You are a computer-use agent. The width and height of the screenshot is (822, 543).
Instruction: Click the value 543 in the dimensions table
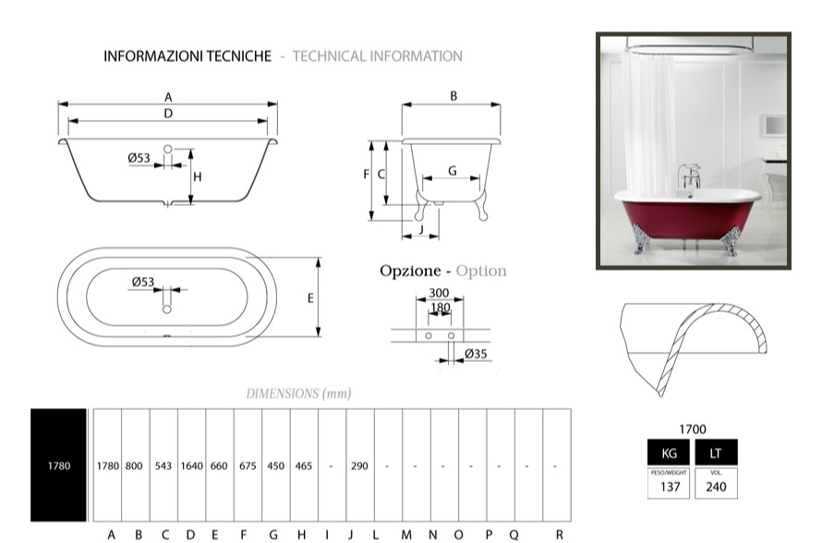[x=164, y=466]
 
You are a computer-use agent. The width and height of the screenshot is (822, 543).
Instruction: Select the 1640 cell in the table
[x=191, y=466]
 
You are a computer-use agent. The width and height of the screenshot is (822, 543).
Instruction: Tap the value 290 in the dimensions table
[x=359, y=466]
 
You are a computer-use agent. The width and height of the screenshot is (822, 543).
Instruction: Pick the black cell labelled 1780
[x=58, y=466]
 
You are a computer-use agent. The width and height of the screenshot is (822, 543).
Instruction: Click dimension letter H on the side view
[x=198, y=176]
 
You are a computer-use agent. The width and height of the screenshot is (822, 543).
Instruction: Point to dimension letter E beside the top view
[x=310, y=298]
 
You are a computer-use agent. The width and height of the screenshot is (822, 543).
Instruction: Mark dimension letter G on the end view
[x=452, y=171]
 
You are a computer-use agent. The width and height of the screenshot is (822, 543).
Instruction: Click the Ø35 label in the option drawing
[x=476, y=354]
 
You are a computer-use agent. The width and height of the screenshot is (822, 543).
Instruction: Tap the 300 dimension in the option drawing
[x=440, y=293]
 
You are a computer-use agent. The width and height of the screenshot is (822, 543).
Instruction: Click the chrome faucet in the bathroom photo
[x=687, y=175]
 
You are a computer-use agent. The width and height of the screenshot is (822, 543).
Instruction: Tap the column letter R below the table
[x=560, y=534]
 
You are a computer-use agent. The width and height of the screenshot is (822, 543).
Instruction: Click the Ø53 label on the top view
[x=142, y=283]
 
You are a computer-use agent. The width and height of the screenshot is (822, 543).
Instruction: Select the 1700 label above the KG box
[x=693, y=429]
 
